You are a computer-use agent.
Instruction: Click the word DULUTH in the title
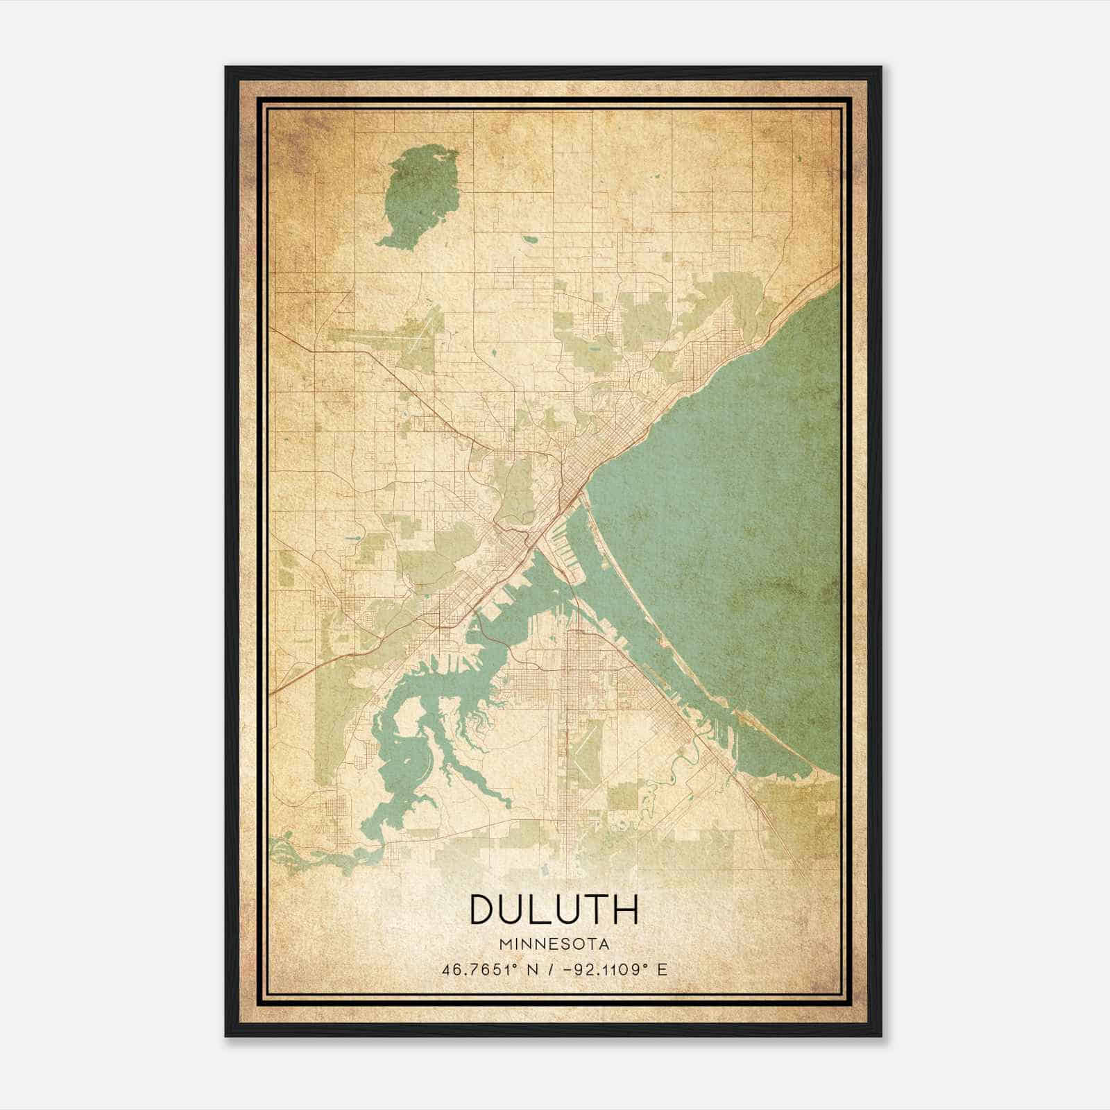(554, 910)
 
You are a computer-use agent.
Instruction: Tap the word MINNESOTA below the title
(554, 944)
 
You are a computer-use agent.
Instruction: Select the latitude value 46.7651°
(482, 969)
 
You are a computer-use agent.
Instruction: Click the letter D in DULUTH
(484, 910)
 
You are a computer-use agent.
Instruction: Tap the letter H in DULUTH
(624, 910)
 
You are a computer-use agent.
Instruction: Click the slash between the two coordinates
(550, 969)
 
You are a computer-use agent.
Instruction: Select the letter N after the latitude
(532, 969)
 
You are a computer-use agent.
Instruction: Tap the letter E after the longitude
(662, 969)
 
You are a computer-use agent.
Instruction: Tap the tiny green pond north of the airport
(529, 239)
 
